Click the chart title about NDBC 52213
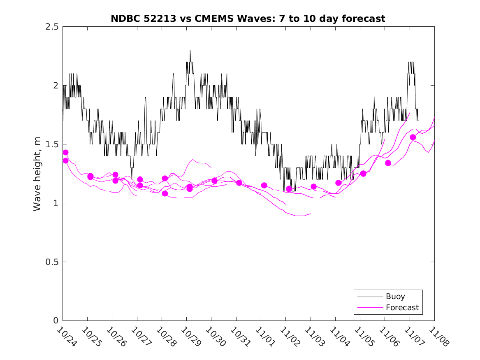248,19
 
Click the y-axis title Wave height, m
37,173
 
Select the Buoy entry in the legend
395,296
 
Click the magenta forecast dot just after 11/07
413,137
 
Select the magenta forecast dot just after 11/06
388,163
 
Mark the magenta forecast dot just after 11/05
363,174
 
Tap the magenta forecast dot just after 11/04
339,183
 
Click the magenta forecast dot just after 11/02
289,189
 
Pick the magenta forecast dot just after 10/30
214,181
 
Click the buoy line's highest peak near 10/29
190,51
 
